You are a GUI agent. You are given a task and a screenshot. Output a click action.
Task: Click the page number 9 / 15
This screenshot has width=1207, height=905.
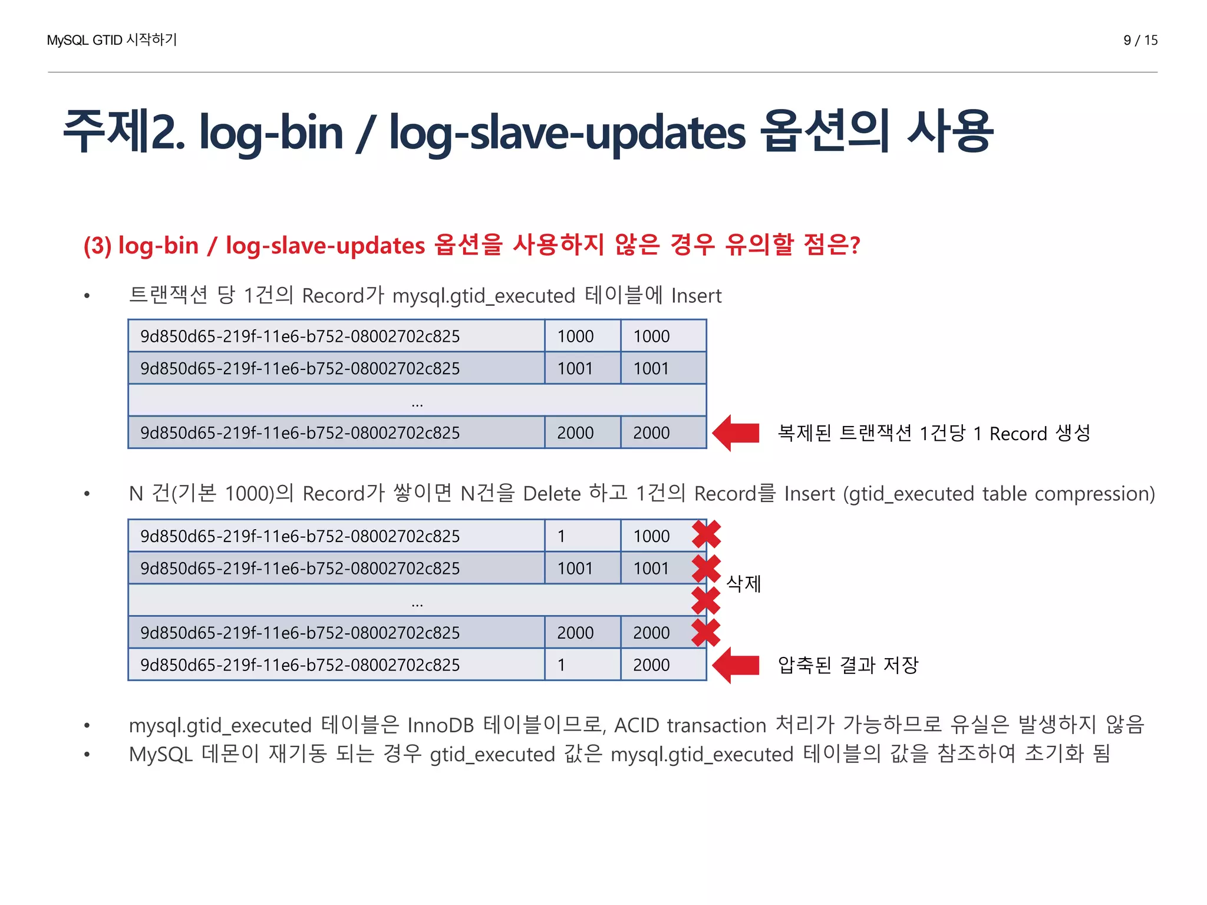[1140, 40]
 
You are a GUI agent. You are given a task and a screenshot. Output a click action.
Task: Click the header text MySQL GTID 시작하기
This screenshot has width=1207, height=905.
[112, 40]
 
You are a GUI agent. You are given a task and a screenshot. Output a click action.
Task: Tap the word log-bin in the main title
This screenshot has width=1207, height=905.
[271, 132]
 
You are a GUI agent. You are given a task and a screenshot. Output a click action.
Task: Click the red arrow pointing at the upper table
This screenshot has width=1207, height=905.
[736, 433]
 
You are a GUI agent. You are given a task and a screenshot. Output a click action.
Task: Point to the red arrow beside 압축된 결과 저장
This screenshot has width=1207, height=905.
[736, 665]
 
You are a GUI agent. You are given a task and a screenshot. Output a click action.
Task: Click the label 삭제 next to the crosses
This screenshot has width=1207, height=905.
[744, 583]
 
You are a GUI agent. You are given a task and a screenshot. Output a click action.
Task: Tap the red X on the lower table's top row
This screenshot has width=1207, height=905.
[706, 534]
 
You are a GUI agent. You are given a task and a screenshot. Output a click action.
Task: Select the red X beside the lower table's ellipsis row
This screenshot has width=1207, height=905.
[706, 600]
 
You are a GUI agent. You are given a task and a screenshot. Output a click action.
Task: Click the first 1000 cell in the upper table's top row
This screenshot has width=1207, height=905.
[576, 336]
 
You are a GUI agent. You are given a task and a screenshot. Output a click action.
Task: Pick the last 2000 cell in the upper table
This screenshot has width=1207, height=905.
[651, 433]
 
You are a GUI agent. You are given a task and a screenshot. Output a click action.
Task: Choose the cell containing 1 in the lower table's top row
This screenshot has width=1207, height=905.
[562, 536]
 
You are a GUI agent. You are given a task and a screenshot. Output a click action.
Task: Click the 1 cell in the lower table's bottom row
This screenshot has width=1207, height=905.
[562, 665]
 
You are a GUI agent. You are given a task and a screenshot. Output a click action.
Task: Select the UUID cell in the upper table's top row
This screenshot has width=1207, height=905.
[300, 336]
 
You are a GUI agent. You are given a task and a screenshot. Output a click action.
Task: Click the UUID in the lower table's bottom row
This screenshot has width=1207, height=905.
[300, 665]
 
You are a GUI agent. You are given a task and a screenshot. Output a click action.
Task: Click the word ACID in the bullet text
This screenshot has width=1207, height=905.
[637, 725]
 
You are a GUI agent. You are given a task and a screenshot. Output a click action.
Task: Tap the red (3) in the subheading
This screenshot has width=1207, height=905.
[97, 246]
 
